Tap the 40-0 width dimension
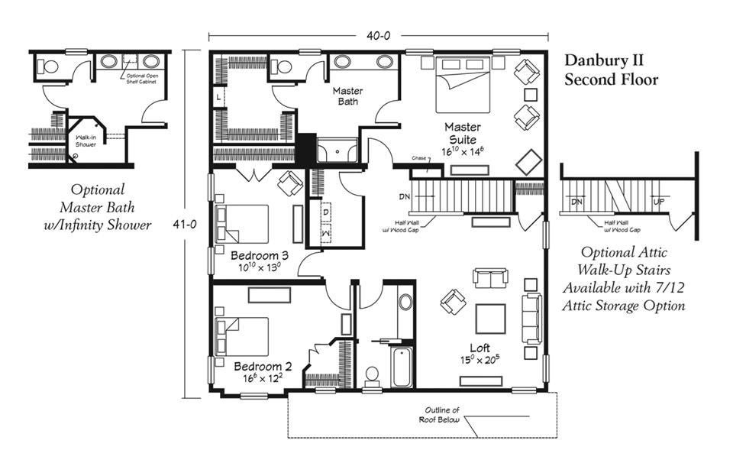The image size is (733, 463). [379, 35]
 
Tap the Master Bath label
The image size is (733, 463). [347, 96]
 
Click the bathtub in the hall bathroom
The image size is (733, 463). [401, 367]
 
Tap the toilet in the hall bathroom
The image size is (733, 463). [373, 375]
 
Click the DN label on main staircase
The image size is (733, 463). [405, 196]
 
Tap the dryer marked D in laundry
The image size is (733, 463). [325, 210]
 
